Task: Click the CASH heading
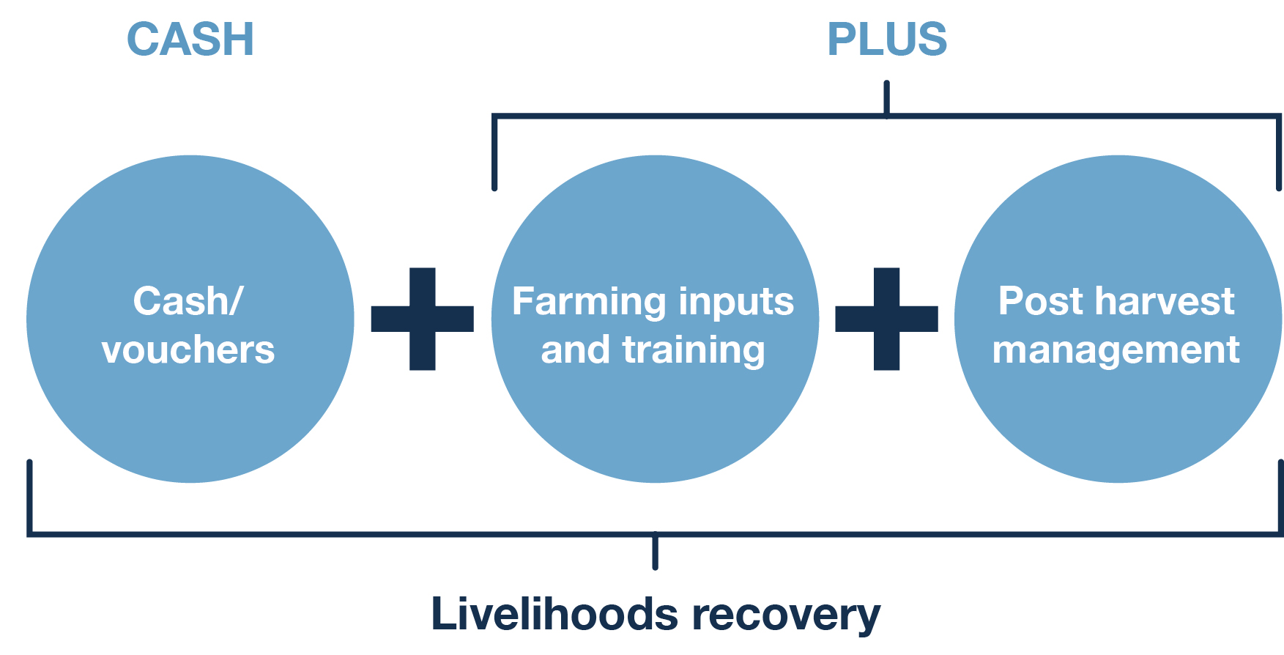tap(190, 40)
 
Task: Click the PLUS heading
tap(886, 40)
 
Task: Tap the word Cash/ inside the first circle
tap(188, 301)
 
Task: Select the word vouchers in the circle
tap(188, 350)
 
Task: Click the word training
tap(693, 350)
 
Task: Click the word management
tap(1116, 350)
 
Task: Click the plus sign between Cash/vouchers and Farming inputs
tap(423, 319)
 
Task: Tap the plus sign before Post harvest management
tap(886, 319)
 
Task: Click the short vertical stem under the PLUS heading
tap(886, 97)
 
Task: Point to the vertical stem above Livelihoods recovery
tap(655, 551)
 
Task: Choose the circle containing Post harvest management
tap(1118, 410)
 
